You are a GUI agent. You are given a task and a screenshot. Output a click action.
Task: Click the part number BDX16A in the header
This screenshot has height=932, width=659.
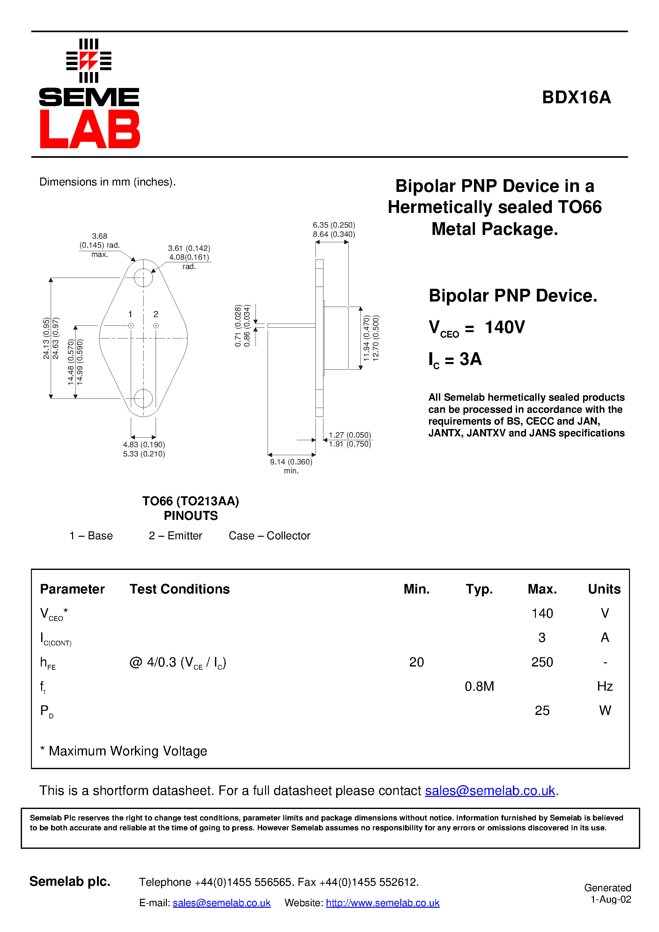(x=576, y=98)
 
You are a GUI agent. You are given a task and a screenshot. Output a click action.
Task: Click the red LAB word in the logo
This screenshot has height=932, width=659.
(x=90, y=129)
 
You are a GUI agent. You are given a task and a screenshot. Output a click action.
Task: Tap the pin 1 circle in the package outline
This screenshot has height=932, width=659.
(x=131, y=325)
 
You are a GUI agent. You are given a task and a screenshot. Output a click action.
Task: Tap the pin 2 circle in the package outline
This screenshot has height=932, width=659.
(x=156, y=325)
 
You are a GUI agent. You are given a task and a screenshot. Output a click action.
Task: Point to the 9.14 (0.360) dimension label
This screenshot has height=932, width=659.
(x=291, y=462)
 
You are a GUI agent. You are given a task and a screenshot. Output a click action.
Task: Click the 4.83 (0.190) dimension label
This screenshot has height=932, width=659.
(x=144, y=445)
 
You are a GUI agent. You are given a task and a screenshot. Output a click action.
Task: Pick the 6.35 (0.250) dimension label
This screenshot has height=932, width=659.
(x=334, y=225)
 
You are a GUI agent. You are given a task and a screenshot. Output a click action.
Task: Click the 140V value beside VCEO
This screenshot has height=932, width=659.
(x=505, y=327)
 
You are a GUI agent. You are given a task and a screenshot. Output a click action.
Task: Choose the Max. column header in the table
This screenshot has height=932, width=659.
(x=542, y=589)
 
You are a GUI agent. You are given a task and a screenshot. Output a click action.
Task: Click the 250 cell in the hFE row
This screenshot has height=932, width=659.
(x=542, y=662)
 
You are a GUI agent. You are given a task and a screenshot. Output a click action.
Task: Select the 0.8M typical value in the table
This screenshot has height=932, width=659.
(x=479, y=687)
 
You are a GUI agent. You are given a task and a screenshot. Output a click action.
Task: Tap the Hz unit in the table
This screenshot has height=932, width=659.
(x=604, y=687)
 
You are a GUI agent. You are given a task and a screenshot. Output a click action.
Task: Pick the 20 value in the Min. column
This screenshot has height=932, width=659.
(x=417, y=662)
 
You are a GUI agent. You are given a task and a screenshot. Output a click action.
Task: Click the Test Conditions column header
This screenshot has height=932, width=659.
(x=180, y=589)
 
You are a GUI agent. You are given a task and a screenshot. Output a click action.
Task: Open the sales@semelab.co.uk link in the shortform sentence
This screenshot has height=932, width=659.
(x=490, y=791)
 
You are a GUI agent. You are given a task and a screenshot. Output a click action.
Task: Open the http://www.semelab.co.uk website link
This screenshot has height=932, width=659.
(x=382, y=903)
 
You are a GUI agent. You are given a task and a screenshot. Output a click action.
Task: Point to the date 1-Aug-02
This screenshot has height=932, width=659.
(x=611, y=899)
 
